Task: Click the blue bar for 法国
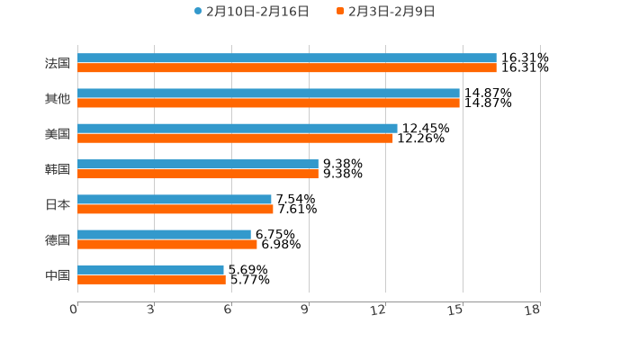286,58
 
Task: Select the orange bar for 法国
286,68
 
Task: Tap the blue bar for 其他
268,94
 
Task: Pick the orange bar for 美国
235,139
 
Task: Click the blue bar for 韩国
198,164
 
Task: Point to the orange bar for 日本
175,209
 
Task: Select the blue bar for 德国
164,234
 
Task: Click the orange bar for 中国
151,280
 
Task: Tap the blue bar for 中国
150,269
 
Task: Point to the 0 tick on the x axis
74,310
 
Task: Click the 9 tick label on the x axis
305,310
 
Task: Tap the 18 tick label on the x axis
532,310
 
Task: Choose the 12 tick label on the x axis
379,310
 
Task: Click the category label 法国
58,64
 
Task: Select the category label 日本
58,204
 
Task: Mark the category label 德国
58,239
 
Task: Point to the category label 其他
58,99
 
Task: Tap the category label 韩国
58,169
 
